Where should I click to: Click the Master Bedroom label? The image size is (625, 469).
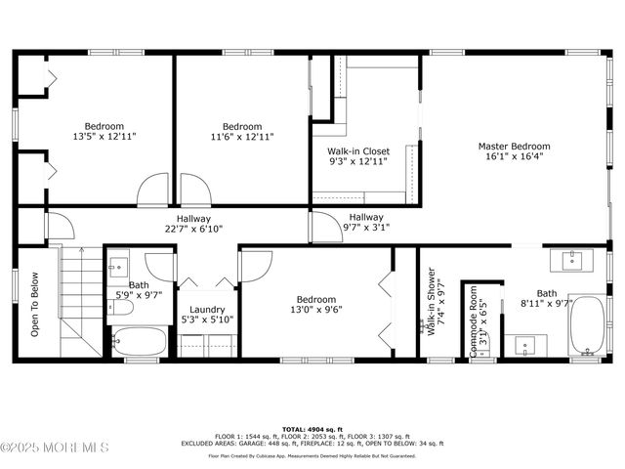[x=514, y=147]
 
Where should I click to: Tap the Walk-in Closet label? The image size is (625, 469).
[x=357, y=151]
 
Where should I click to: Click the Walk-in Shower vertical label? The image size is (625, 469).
[x=430, y=303]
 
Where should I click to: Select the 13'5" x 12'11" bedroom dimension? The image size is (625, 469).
[x=104, y=137]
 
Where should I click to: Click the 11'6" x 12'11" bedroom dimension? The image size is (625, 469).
[x=241, y=137]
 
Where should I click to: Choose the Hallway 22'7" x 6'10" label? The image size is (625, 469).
[x=193, y=224]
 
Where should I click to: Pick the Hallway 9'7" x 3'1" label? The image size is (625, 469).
[x=366, y=223]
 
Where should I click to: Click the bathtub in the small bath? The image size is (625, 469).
[x=139, y=342]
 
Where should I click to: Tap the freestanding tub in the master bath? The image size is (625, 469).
[x=587, y=325]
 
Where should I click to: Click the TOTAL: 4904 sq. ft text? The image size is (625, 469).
[x=312, y=429]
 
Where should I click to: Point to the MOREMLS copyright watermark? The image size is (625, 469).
[x=55, y=448]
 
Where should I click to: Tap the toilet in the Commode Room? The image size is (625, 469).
[x=480, y=348]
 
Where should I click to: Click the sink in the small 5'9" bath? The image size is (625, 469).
[x=118, y=265]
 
